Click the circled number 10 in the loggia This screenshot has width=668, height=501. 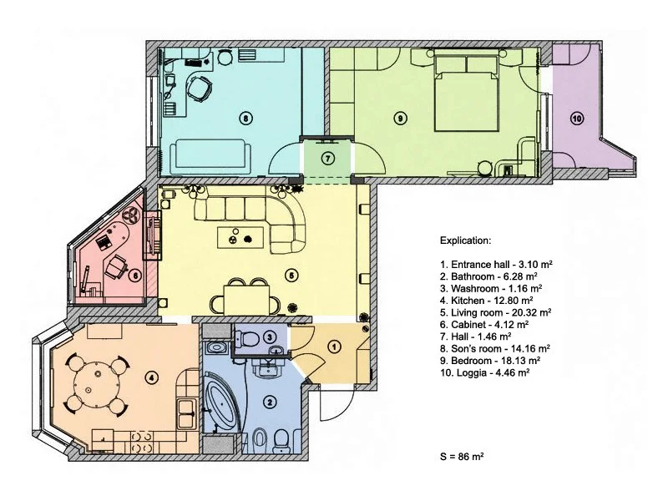[577, 119]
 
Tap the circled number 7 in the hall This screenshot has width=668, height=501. [327, 159]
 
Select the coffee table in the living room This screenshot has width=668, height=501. [240, 237]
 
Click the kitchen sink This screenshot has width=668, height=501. [186, 413]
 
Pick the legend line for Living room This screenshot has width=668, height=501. [495, 312]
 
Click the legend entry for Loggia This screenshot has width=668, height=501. [485, 372]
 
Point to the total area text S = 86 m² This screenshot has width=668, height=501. [462, 456]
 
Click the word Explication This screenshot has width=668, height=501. [465, 240]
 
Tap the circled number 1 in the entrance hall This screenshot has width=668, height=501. [335, 347]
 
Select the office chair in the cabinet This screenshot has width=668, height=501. [115, 266]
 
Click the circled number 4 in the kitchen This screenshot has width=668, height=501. [151, 377]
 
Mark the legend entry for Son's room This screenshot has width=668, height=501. [495, 348]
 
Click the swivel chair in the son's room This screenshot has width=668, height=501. [200, 89]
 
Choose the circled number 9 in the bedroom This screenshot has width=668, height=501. [400, 118]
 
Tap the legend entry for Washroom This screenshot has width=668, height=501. [491, 288]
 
